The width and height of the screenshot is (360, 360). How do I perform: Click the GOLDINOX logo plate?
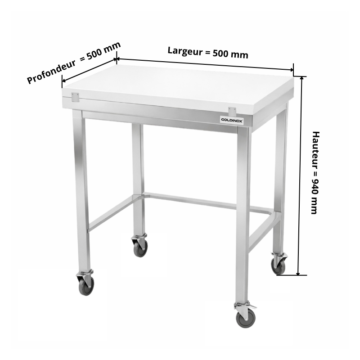[x=232, y=120]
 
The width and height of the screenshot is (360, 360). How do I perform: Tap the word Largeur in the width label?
[x=185, y=51]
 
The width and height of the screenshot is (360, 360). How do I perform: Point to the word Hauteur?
[x=316, y=150]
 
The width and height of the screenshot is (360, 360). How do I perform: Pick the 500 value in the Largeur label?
[x=220, y=53]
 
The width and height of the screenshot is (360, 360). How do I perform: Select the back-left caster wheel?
[x=140, y=245]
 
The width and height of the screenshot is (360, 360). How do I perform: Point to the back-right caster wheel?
[x=279, y=264]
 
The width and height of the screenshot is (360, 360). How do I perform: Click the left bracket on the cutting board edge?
[x=75, y=97]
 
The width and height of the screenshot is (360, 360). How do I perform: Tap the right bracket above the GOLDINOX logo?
[x=232, y=111]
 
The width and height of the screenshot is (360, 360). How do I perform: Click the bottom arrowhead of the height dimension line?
[x=298, y=273]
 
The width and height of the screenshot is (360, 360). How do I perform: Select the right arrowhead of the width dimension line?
[x=291, y=70]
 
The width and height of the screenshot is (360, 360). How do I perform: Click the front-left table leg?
[x=81, y=190]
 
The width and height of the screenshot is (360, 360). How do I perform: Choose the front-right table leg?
[x=243, y=216]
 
